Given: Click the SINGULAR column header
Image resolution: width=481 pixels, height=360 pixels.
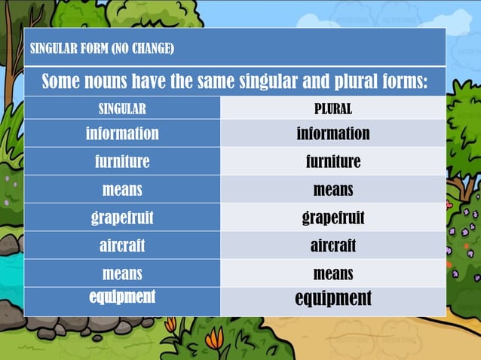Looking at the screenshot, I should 122,108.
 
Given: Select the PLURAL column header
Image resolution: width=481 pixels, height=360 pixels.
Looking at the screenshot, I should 332,108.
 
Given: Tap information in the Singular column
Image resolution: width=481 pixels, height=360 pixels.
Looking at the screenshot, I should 122,134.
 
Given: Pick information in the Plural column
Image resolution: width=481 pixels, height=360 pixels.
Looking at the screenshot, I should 332,134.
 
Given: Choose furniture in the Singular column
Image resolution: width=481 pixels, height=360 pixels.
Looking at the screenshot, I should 122,162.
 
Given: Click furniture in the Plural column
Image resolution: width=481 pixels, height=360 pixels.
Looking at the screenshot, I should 332,162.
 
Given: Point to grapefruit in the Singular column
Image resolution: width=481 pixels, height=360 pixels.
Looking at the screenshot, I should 122,218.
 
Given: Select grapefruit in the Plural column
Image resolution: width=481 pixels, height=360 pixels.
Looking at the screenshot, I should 332,218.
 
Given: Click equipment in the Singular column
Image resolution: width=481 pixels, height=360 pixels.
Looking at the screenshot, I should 122,297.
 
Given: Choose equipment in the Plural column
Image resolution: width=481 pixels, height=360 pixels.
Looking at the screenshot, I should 332,298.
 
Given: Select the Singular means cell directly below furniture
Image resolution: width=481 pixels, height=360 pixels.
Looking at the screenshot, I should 122,190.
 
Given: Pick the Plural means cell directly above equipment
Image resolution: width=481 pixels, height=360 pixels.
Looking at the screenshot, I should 332,273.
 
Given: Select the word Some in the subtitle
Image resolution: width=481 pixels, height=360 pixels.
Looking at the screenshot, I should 60,81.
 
